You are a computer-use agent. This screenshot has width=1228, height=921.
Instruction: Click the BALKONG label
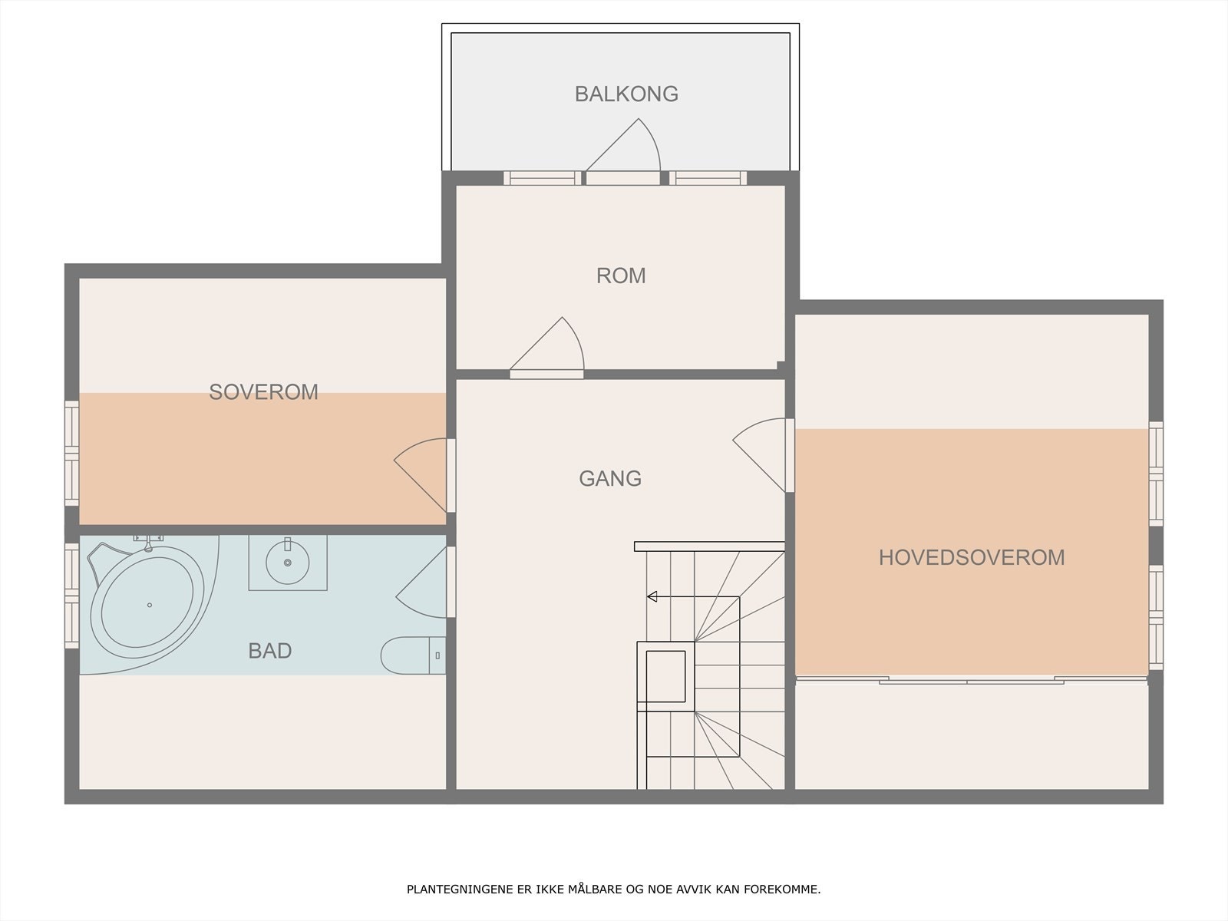coord(626,94)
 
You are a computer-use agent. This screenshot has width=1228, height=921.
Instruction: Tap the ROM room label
coord(621,276)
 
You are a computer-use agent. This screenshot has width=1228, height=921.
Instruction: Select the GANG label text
coord(610,478)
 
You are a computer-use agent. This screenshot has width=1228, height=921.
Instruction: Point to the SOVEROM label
coord(263,392)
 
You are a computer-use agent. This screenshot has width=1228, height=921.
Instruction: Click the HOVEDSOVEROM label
coord(972,557)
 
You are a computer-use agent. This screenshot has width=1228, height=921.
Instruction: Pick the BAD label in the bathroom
coord(270,651)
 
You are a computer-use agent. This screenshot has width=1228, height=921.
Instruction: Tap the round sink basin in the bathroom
coord(288,563)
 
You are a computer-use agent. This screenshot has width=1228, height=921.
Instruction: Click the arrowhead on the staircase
coord(652,596)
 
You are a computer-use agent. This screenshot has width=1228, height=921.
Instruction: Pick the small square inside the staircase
coord(666,675)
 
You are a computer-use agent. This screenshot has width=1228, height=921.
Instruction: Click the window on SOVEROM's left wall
coord(71,453)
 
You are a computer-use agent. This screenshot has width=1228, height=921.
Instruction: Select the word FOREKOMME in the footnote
coord(792,890)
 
